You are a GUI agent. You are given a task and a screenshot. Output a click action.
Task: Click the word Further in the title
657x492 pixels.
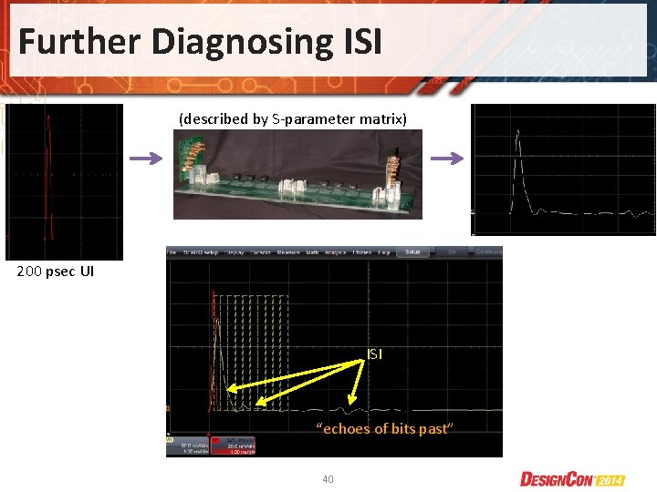(76, 41)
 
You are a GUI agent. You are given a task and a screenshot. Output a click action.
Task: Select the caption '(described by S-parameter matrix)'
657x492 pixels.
(293, 118)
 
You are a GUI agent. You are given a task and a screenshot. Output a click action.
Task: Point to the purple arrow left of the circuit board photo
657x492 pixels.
(144, 159)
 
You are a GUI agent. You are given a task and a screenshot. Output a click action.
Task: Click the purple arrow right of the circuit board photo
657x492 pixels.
(445, 159)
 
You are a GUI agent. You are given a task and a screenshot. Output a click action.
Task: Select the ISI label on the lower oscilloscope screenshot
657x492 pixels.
(374, 354)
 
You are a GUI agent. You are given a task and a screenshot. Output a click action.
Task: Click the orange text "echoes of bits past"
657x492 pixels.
(384, 428)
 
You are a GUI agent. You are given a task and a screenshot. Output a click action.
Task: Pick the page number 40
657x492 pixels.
(328, 478)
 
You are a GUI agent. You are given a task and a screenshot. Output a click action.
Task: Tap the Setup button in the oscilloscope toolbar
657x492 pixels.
(412, 251)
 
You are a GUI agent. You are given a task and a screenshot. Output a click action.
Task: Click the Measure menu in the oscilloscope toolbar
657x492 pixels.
(289, 251)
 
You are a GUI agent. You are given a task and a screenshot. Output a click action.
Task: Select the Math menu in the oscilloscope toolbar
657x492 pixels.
(312, 251)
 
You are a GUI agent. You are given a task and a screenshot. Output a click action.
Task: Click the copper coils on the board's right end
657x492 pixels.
(395, 169)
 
